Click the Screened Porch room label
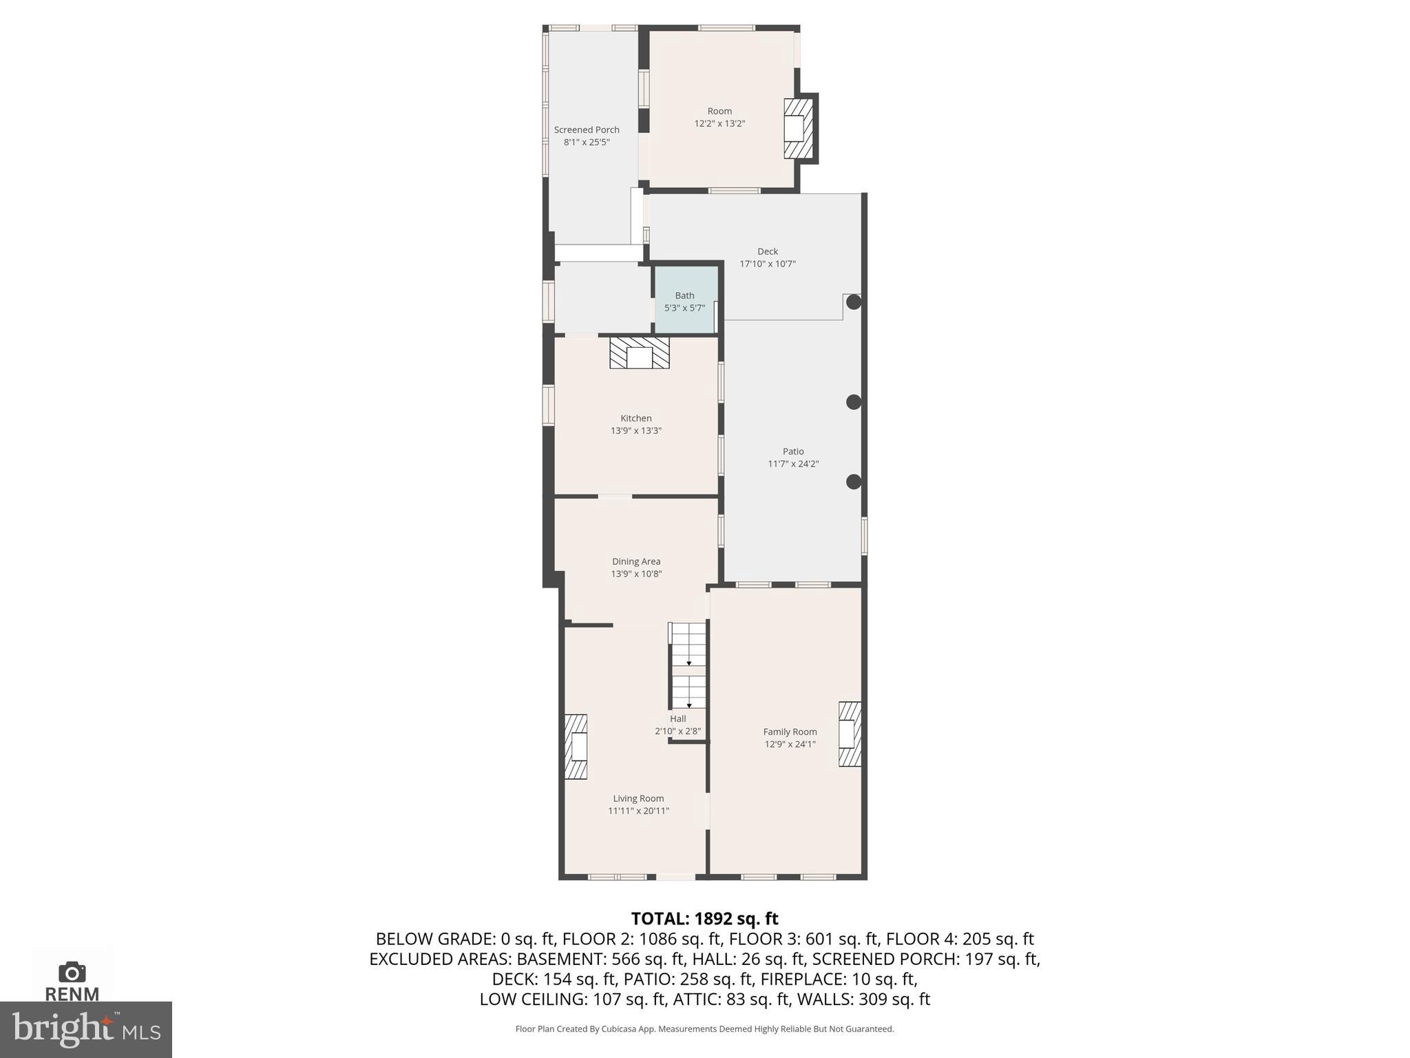pos(587,129)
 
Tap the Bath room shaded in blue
pos(685,301)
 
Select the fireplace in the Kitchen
pos(639,353)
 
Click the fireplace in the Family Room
pos(850,734)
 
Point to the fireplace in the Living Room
pos(576,747)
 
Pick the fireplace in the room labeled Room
pos(798,129)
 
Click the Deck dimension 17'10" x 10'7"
pos(768,264)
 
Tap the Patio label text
pos(793,451)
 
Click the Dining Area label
pos(636,561)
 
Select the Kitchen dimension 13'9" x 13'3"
pos(636,431)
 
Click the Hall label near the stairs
pos(678,718)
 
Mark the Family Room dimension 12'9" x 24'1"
pos(790,744)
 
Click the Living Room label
pos(638,798)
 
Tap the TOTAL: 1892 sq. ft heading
pos(704,918)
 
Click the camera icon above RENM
pos(72,972)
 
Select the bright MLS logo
pos(85,1029)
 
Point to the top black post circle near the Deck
pos(854,302)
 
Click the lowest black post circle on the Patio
pos(854,482)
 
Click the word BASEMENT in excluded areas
pos(560,959)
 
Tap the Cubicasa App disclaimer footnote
pos(704,1029)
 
